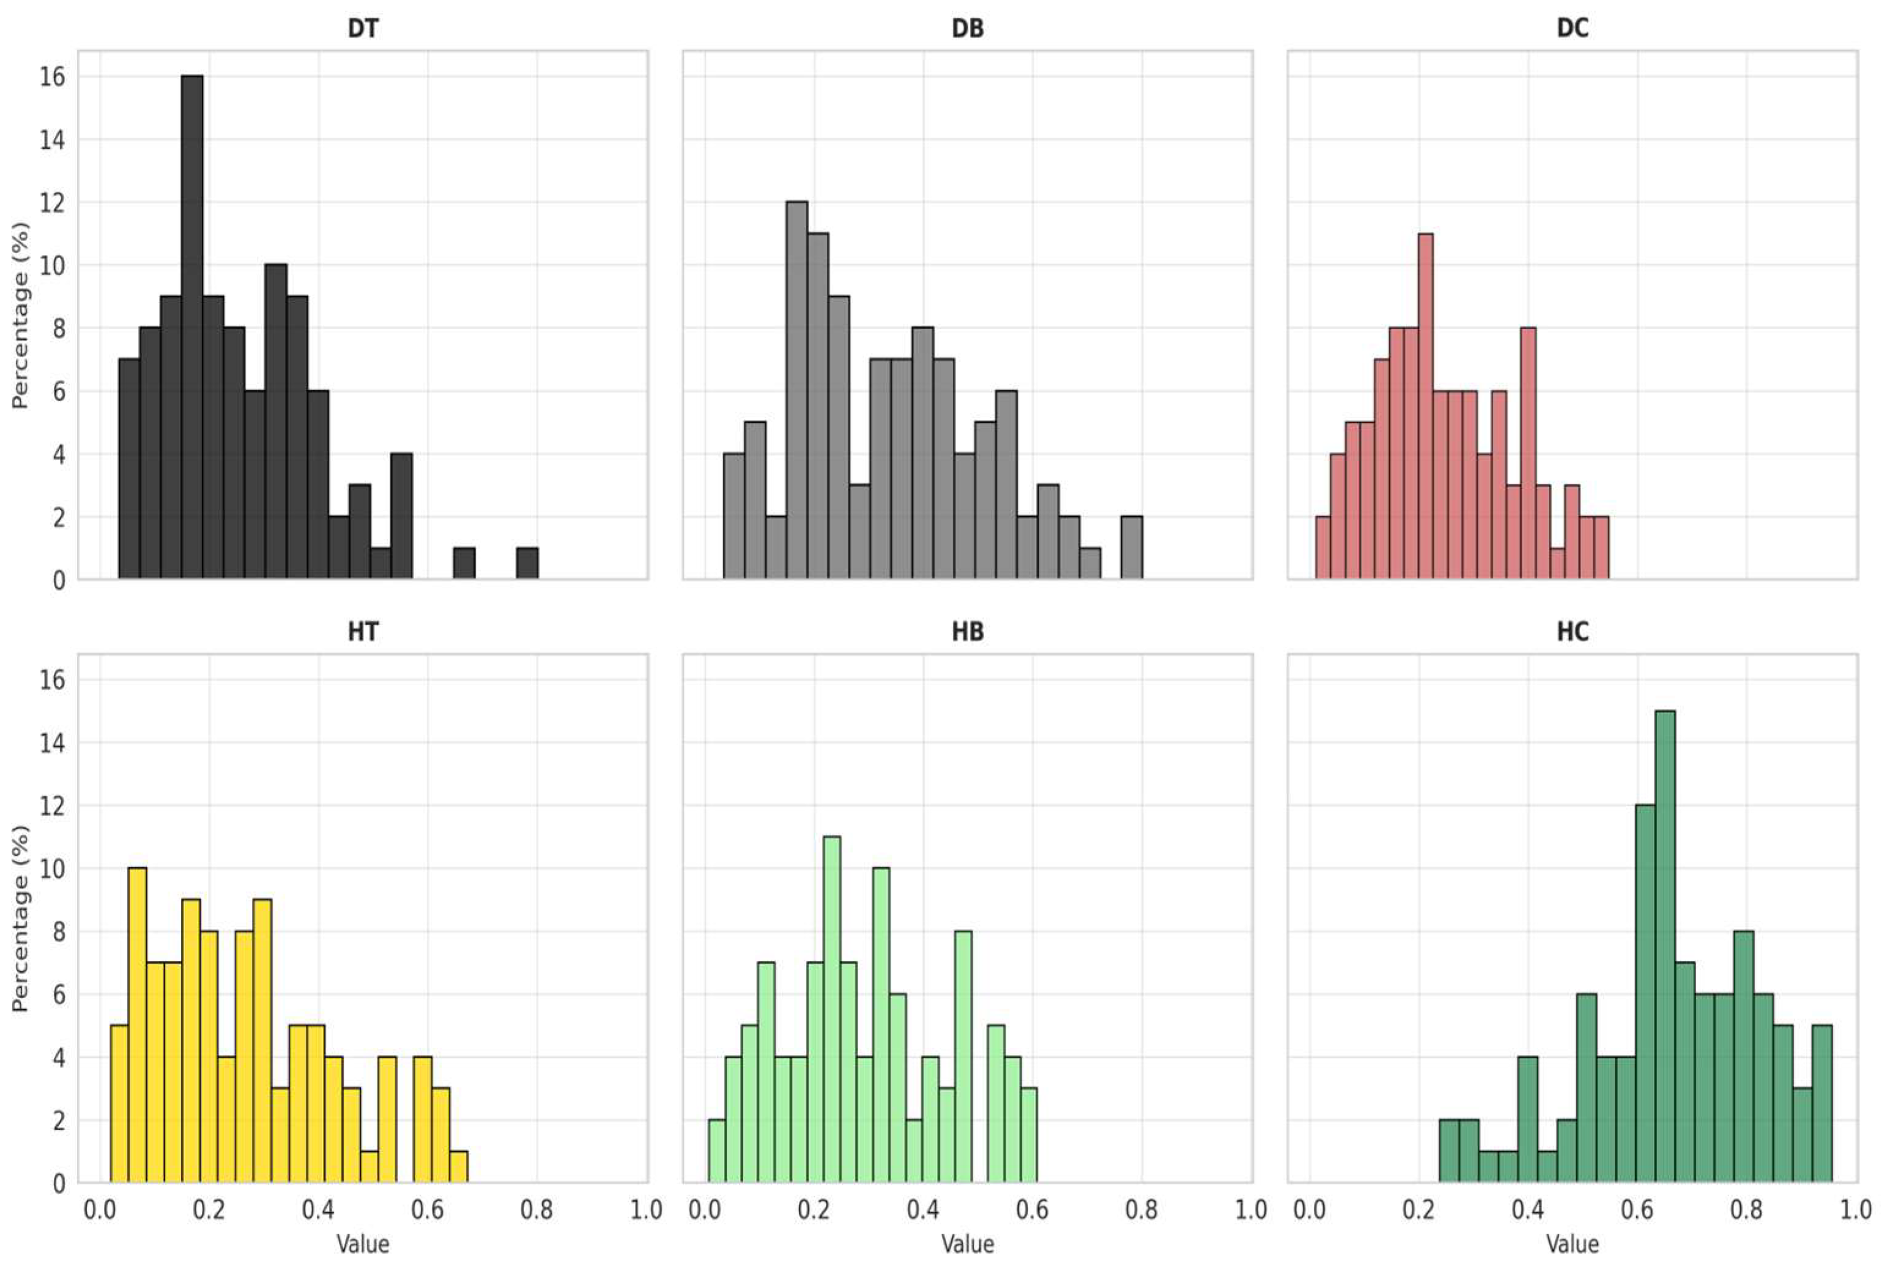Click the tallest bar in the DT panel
(x=192, y=327)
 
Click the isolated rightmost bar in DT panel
(x=527, y=563)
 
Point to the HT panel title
(x=363, y=631)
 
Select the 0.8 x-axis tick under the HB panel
(x=1141, y=1210)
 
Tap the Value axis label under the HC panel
(x=1572, y=1244)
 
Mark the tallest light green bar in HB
(x=832, y=1009)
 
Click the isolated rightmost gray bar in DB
(x=1131, y=547)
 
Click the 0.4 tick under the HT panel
(x=318, y=1210)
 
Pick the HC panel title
(x=1572, y=631)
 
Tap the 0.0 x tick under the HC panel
(x=1309, y=1210)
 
